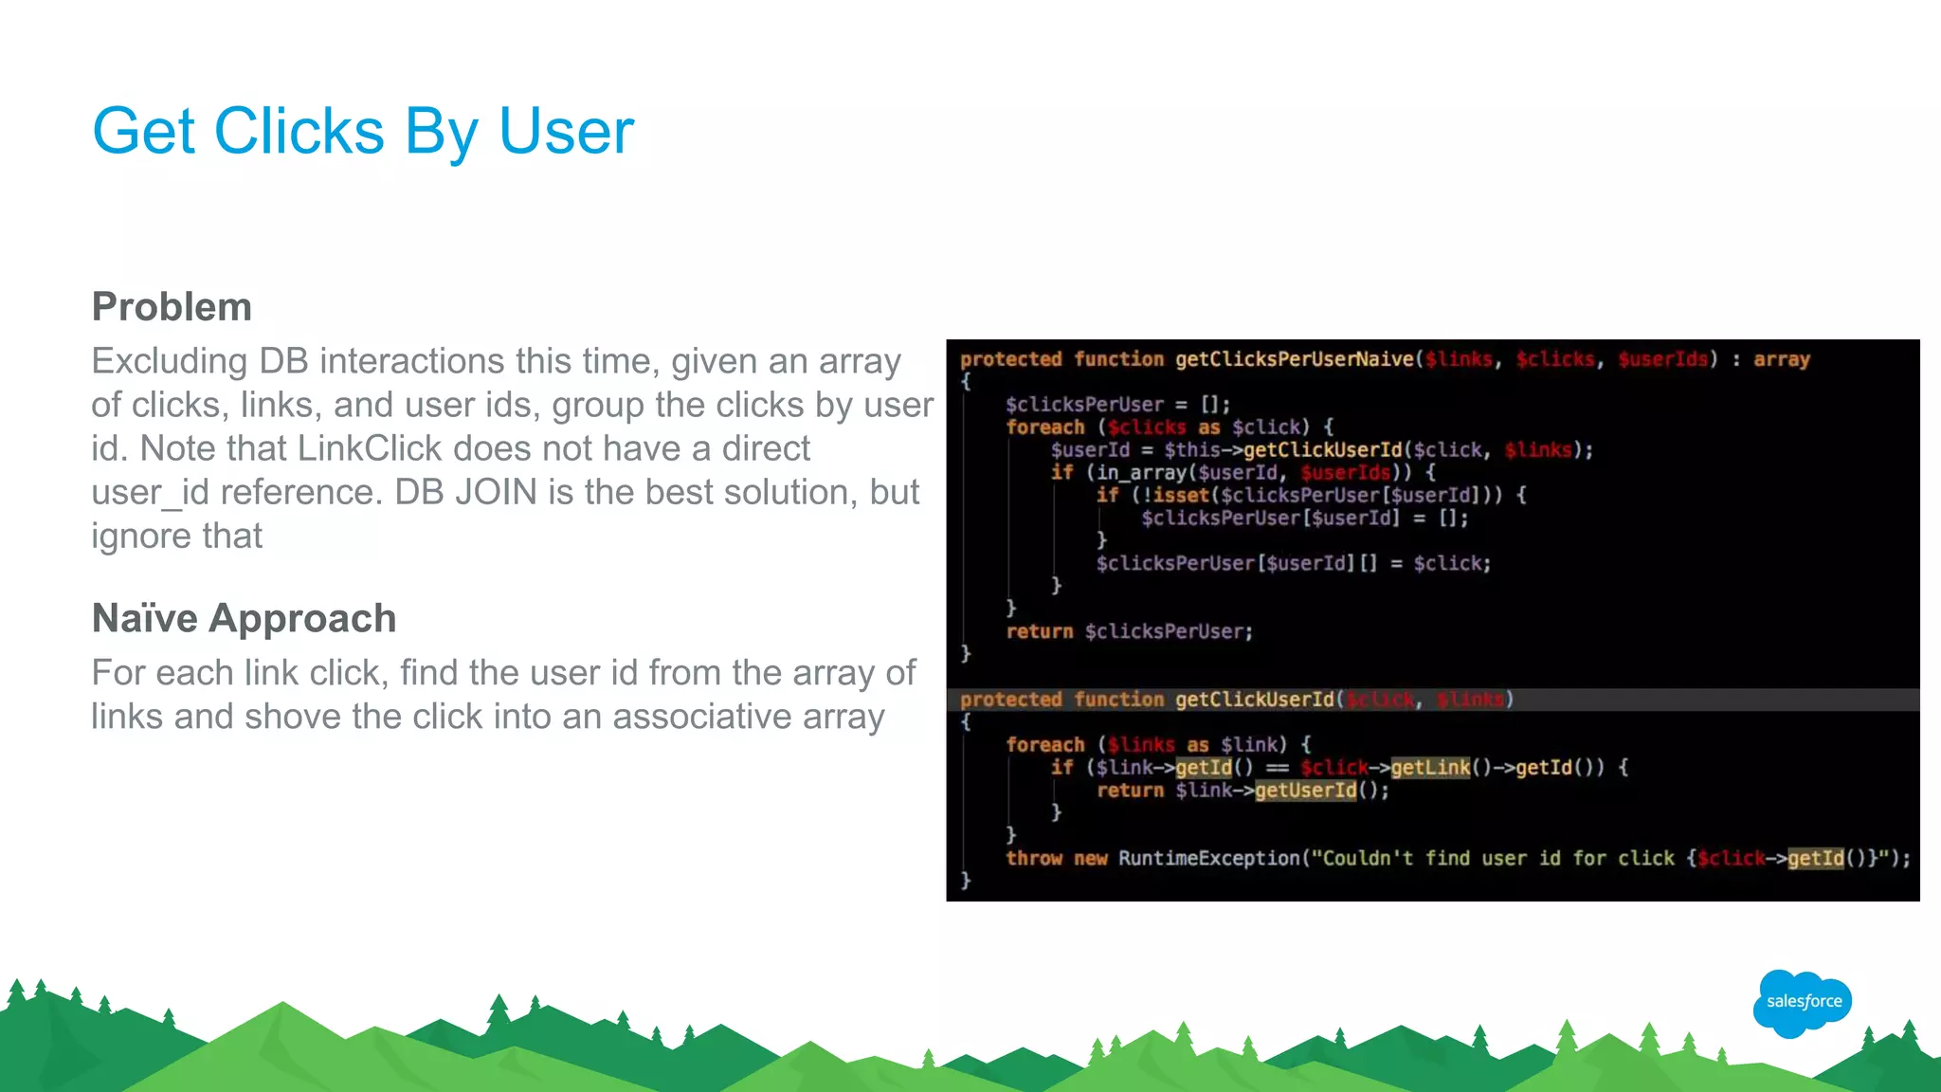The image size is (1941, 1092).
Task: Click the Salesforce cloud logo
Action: [1803, 1002]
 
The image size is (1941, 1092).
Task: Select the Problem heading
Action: [172, 307]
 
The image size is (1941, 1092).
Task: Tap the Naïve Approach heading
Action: [244, 618]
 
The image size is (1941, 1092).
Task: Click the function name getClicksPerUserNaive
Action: [1296, 359]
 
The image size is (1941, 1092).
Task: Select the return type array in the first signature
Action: [1781, 359]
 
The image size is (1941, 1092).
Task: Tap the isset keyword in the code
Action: [1181, 495]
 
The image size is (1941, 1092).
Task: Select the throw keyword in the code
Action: [1034, 858]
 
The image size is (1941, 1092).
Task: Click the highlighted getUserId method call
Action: [1305, 790]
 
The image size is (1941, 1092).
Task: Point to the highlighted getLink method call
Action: [1430, 767]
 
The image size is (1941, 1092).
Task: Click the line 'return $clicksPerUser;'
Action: [1129, 631]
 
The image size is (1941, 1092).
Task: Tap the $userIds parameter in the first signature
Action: [1662, 359]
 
